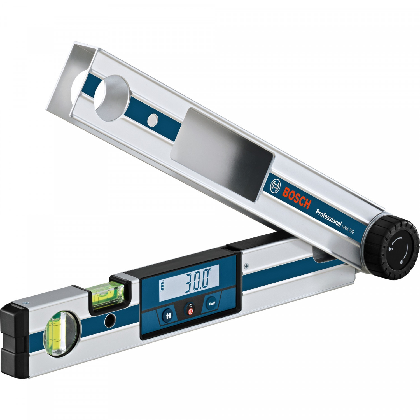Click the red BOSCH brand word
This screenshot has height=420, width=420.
(x=297, y=197)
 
